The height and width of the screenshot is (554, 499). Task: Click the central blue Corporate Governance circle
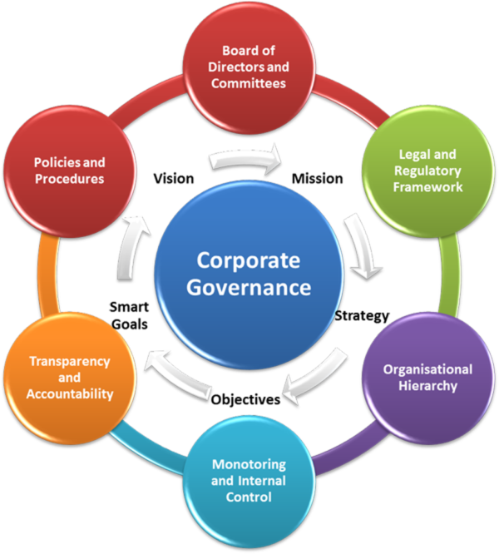click(x=249, y=274)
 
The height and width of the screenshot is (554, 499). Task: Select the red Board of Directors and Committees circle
click(x=249, y=62)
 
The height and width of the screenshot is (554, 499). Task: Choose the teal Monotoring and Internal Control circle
click(x=249, y=482)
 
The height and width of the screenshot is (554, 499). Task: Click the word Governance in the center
click(x=249, y=289)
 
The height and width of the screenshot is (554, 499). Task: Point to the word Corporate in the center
click(x=249, y=260)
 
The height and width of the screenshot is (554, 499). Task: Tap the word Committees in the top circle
click(x=249, y=84)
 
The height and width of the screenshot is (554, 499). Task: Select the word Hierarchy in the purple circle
click(x=427, y=385)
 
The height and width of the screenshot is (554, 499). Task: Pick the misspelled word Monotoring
click(x=249, y=464)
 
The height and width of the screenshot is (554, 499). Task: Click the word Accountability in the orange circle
click(x=71, y=393)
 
